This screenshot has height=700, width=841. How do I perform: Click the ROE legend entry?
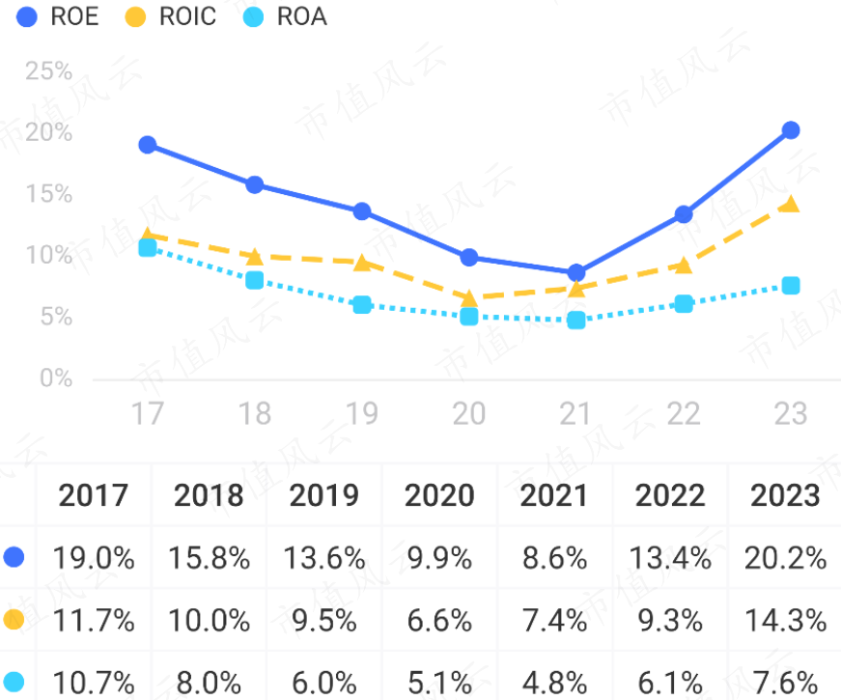pyautogui.click(x=58, y=16)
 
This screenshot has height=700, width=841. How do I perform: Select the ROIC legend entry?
pyautogui.click(x=177, y=16)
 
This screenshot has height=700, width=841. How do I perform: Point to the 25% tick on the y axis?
pyautogui.click(x=49, y=70)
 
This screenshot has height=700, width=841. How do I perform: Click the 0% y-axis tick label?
pyautogui.click(x=56, y=378)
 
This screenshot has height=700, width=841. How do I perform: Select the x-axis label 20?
pyautogui.click(x=469, y=414)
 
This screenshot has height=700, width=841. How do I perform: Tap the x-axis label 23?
pyautogui.click(x=791, y=414)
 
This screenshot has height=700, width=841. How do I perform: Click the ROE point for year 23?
pyautogui.click(x=791, y=130)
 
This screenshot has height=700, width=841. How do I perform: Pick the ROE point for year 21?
pyautogui.click(x=576, y=273)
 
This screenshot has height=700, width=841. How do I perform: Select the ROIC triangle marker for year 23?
pyautogui.click(x=791, y=204)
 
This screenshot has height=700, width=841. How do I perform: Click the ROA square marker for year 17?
pyautogui.click(x=148, y=248)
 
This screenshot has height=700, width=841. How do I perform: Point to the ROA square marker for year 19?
pyautogui.click(x=362, y=305)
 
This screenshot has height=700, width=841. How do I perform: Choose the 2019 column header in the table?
pyautogui.click(x=323, y=495)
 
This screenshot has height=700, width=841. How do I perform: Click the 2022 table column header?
pyautogui.click(x=670, y=495)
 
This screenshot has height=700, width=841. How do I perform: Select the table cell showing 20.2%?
pyautogui.click(x=785, y=558)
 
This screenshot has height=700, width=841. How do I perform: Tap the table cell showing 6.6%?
pyautogui.click(x=439, y=620)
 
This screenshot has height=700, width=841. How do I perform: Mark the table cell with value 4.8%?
pyautogui.click(x=554, y=682)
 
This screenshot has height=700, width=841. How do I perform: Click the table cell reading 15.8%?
pyautogui.click(x=209, y=558)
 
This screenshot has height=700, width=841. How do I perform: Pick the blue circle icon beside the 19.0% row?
pyautogui.click(x=14, y=557)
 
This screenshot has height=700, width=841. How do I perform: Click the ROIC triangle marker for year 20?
pyautogui.click(x=469, y=297)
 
